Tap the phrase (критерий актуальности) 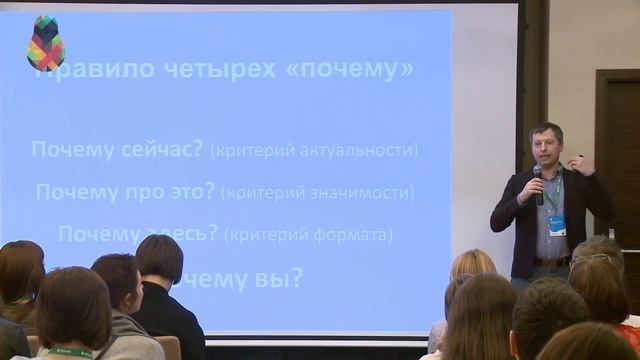coord(314,150)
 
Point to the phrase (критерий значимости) coord(317,192)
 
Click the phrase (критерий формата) coord(308,235)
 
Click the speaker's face coord(548,147)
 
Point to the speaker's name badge coord(557,225)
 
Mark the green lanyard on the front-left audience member coord(70,352)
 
